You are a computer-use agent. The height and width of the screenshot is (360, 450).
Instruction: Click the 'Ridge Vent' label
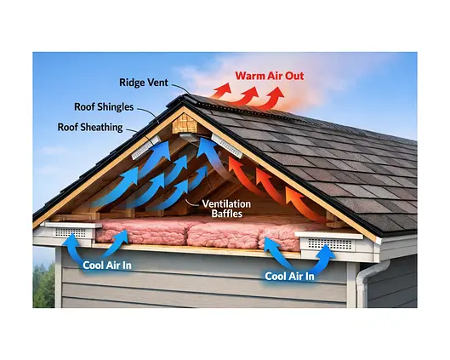coord(144,83)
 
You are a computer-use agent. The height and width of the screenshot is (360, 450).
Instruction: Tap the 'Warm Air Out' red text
coord(270,76)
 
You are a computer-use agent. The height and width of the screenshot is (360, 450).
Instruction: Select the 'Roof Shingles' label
coord(104,107)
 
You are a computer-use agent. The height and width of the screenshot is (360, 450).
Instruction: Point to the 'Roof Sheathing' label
coord(90,127)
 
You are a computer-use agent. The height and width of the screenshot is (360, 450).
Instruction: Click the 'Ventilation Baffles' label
coord(226,209)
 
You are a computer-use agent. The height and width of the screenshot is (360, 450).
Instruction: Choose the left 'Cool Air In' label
coord(107,266)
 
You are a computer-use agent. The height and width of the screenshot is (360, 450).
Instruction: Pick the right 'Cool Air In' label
coord(289,277)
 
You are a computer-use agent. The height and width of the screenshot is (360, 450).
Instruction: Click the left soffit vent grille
coord(71,232)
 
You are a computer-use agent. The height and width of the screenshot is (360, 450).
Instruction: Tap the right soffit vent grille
coord(330,244)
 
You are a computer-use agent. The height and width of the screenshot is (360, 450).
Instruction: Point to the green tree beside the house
coord(43,286)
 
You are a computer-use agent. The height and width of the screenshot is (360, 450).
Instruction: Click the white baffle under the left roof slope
coord(146,147)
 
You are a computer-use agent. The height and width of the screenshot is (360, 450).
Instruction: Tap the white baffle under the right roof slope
coord(227,146)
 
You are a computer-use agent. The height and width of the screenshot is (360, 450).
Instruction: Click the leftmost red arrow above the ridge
coord(221,91)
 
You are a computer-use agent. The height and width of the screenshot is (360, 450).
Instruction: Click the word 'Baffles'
coord(227,214)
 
